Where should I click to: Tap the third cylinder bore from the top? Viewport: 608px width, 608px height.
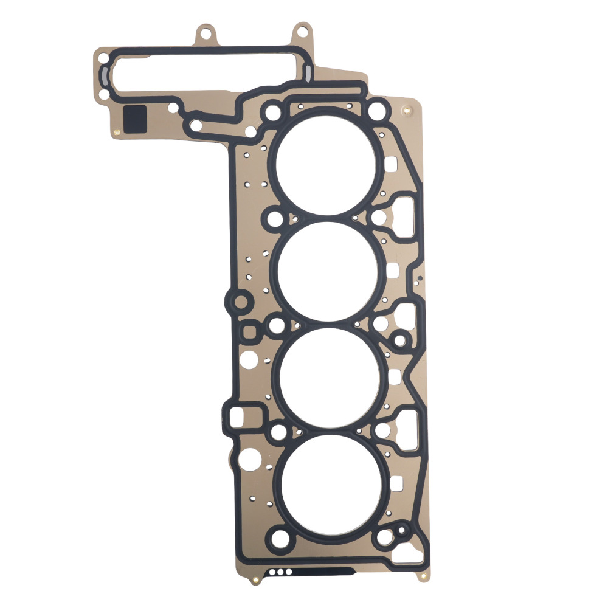328,377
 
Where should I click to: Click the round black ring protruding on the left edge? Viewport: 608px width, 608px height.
241,302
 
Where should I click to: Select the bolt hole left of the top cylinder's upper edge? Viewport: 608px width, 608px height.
273,112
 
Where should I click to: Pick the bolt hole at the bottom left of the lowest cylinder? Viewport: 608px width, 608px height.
280,539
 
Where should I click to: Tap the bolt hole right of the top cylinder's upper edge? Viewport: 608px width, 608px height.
378,111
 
